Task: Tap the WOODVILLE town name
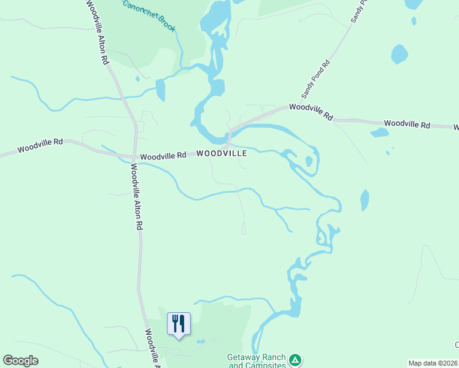click(x=222, y=153)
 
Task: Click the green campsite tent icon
click(x=295, y=359)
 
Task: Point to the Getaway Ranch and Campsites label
click(x=256, y=361)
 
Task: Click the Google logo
click(x=20, y=361)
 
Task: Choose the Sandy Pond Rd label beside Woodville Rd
click(x=316, y=80)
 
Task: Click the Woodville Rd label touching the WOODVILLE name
click(x=163, y=156)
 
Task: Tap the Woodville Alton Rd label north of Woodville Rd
click(x=98, y=32)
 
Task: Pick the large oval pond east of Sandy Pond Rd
click(x=399, y=54)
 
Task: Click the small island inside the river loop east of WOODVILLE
click(x=309, y=161)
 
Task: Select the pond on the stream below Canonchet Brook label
click(x=161, y=90)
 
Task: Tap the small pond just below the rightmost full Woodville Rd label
click(x=380, y=132)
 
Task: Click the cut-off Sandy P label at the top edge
click(x=358, y=11)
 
